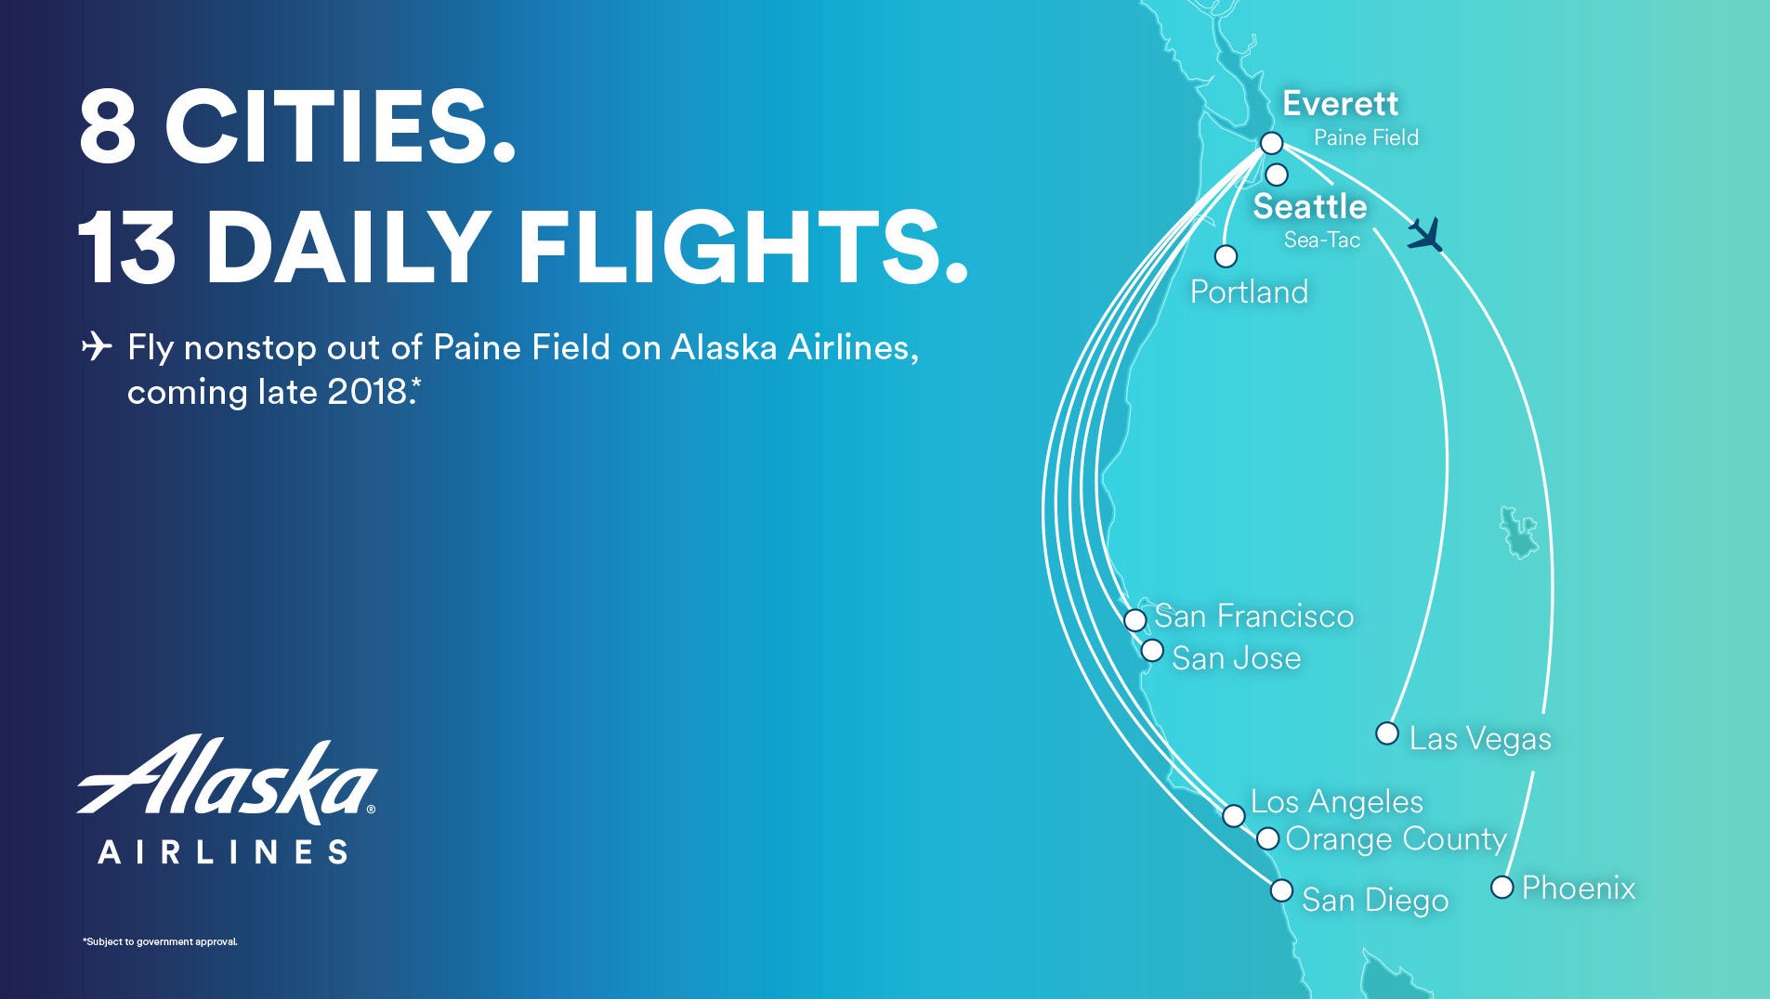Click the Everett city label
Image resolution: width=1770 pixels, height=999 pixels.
[x=1340, y=103]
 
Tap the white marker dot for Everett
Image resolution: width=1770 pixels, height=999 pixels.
[x=1272, y=143]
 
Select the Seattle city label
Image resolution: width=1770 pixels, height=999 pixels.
[x=1310, y=206]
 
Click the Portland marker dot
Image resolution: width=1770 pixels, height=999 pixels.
[x=1226, y=255]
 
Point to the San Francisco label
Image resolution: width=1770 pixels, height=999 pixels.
[x=1254, y=616]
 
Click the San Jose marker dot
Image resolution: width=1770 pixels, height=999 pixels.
[x=1152, y=651]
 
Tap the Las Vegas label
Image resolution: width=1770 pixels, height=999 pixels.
[x=1480, y=739]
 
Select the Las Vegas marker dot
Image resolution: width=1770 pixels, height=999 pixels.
[x=1387, y=733]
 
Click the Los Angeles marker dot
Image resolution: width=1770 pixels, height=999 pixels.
[x=1233, y=815]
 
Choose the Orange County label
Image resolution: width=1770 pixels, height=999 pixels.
[x=1396, y=839]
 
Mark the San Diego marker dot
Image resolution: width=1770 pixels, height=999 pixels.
[x=1281, y=890]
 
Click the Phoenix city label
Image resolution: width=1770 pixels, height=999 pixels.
[x=1579, y=888]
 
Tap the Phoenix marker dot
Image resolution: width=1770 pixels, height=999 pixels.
[x=1501, y=887]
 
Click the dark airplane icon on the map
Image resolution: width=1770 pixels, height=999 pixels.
[x=1424, y=234]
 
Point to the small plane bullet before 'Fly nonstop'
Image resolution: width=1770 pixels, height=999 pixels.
[x=97, y=346]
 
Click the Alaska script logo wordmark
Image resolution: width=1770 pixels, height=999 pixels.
[x=227, y=780]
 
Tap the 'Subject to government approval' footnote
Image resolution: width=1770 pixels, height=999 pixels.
[x=160, y=941]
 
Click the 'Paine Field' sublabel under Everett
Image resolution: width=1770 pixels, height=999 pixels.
[x=1366, y=137]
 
